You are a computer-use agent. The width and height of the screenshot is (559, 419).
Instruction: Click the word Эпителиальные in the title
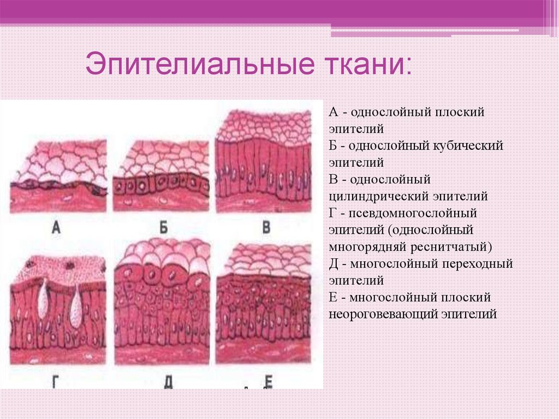(200, 64)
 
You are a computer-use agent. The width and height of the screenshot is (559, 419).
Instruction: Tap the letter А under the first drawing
(56, 227)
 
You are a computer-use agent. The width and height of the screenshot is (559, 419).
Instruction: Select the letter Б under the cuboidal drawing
(164, 227)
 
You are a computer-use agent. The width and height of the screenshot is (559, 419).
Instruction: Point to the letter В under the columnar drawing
(266, 227)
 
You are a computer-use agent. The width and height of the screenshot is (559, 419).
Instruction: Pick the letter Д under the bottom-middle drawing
(168, 382)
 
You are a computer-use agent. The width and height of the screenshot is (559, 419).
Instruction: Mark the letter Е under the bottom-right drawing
(269, 381)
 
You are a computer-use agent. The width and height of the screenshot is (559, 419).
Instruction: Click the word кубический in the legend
(468, 146)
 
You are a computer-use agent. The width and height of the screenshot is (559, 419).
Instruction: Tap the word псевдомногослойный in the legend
(413, 214)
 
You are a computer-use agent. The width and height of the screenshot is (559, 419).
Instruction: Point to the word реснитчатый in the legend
(451, 247)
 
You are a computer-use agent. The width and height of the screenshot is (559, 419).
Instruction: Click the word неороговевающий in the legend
(383, 315)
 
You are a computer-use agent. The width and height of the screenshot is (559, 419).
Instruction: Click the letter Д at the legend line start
(334, 264)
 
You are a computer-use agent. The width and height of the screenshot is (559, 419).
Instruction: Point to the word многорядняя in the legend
(368, 247)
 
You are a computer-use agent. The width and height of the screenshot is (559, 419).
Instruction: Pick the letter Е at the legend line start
(332, 297)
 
